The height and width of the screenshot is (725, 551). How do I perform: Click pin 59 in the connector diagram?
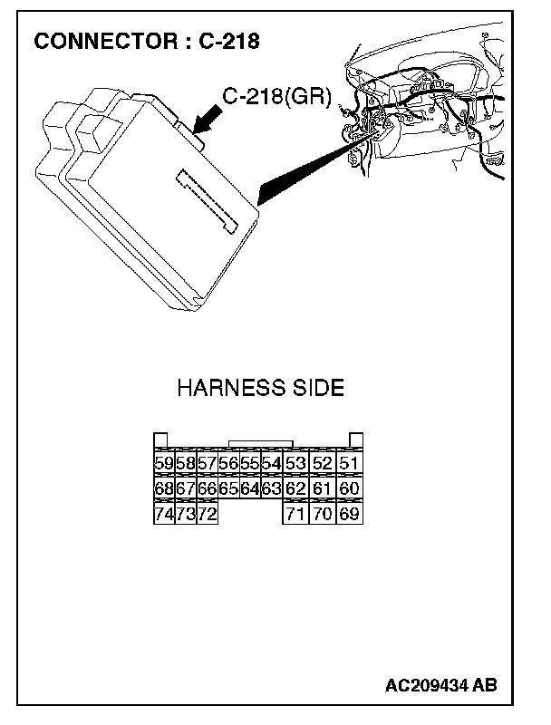click(164, 464)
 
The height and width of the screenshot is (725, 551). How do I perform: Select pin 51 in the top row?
click(349, 464)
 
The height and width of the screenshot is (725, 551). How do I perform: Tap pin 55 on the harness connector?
click(249, 464)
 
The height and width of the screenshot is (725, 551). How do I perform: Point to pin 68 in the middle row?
click(164, 489)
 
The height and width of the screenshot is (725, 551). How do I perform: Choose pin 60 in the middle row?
click(349, 489)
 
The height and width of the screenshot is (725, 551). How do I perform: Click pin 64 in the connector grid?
click(249, 489)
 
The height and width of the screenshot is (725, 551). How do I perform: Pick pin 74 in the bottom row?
click(164, 515)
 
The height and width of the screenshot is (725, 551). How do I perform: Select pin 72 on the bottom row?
click(208, 515)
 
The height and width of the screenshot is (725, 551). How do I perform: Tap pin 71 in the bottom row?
click(295, 515)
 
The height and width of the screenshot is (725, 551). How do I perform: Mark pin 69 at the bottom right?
click(349, 515)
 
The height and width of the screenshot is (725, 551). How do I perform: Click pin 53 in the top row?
click(295, 464)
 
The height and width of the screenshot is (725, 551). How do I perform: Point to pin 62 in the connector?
click(295, 489)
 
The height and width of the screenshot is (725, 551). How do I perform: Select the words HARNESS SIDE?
click(260, 389)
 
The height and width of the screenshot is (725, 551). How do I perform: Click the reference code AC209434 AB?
click(440, 685)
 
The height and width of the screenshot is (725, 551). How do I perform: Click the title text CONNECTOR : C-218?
click(147, 42)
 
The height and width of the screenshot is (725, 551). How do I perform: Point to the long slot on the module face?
click(208, 198)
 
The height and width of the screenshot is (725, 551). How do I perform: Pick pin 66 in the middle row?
click(208, 489)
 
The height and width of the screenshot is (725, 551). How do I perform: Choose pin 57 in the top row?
click(208, 464)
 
